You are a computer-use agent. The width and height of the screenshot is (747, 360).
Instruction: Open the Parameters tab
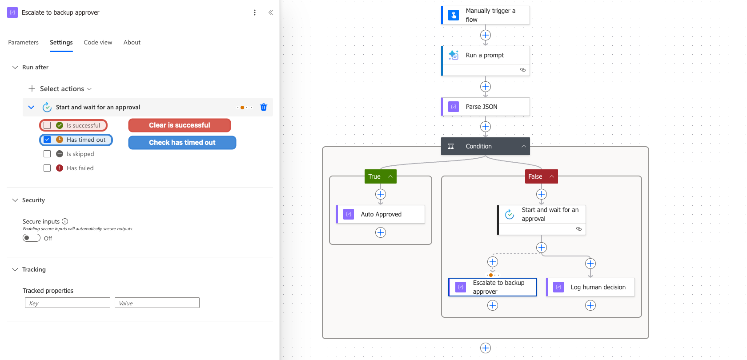click(23, 42)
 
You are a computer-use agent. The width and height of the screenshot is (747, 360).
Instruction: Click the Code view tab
click(98, 42)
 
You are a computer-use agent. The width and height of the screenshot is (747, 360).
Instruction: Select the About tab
click(132, 42)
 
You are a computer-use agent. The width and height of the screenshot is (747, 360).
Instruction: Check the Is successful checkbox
click(47, 125)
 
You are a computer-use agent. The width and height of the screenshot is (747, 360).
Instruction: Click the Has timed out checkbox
click(47, 140)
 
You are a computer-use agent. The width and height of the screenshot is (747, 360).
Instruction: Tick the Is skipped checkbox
click(47, 154)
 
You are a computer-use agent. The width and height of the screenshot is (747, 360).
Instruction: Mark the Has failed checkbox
click(47, 168)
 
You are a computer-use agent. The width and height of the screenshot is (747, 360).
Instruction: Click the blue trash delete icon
click(263, 107)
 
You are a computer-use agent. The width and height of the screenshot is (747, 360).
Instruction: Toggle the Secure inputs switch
click(31, 238)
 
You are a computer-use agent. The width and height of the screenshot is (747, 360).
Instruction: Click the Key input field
click(68, 303)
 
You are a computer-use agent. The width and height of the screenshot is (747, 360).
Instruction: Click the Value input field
click(157, 303)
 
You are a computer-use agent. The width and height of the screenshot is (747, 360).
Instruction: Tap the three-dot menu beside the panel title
click(255, 12)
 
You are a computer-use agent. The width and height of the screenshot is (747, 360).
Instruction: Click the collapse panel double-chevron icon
click(271, 12)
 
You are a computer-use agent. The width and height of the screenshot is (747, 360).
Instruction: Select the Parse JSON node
click(486, 107)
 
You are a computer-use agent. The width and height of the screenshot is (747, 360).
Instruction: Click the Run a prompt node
click(486, 61)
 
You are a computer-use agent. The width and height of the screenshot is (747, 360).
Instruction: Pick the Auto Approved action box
click(381, 214)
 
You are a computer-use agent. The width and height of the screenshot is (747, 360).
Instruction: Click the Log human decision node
click(590, 287)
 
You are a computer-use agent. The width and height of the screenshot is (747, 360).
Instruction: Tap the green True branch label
click(381, 176)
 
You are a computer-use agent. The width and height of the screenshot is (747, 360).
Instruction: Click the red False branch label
click(541, 176)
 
